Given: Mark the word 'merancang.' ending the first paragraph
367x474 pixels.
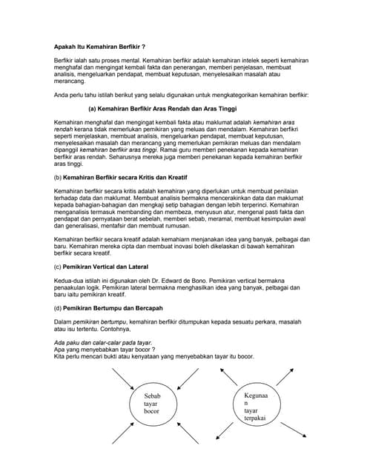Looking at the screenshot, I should point(70,81).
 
